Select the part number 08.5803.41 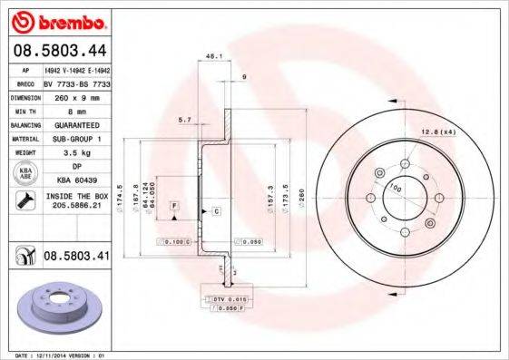77,257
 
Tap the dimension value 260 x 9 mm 72,96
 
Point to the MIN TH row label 24,110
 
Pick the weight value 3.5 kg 73,154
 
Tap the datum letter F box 171,207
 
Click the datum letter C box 218,211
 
